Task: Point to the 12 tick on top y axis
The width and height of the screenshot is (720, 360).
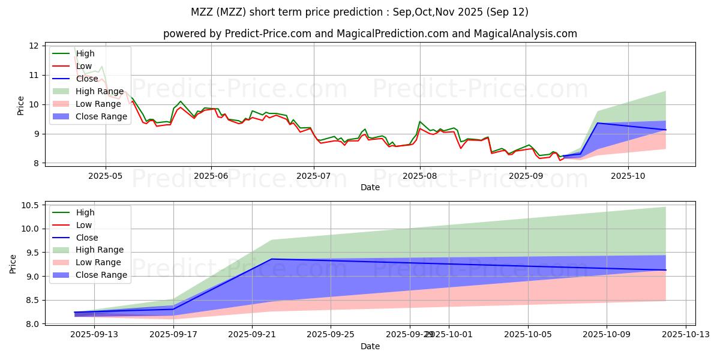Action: tap(34, 46)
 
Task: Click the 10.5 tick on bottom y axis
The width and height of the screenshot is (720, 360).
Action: tap(31, 205)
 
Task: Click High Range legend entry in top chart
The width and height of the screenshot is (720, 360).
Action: tap(97, 91)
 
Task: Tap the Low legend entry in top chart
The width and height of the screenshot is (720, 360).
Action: tap(84, 66)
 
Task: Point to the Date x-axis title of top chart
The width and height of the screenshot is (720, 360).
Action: tap(370, 187)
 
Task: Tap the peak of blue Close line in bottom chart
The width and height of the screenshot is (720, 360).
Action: tap(272, 259)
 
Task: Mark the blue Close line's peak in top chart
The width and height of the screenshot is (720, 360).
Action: tap(597, 123)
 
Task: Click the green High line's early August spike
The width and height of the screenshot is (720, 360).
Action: tap(420, 121)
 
